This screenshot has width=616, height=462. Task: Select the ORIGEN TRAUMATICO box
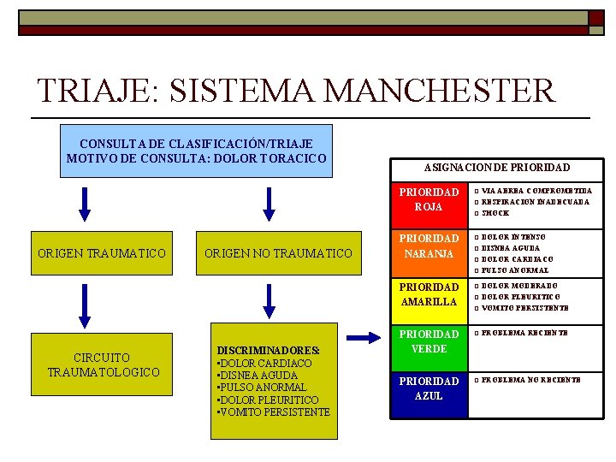[102, 252]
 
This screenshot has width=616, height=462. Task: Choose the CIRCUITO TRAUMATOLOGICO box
[102, 364]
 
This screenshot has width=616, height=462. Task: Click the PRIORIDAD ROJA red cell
[428, 199]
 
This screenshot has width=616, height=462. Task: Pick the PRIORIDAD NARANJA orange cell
[428, 246]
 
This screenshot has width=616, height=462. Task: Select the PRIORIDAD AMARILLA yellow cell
[428, 294]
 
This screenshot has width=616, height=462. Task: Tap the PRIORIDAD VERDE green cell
[428, 341]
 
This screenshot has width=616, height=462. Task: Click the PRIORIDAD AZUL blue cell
[428, 388]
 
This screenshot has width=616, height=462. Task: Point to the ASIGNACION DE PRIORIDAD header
[497, 168]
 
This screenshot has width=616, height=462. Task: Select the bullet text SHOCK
[495, 213]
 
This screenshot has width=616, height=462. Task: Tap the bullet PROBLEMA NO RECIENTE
[530, 379]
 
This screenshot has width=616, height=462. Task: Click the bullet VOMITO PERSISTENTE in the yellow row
[525, 308]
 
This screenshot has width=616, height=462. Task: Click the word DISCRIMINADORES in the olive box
[269, 351]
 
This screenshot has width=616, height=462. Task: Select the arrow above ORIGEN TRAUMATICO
[84, 203]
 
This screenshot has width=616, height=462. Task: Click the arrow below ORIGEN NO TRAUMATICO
[270, 299]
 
